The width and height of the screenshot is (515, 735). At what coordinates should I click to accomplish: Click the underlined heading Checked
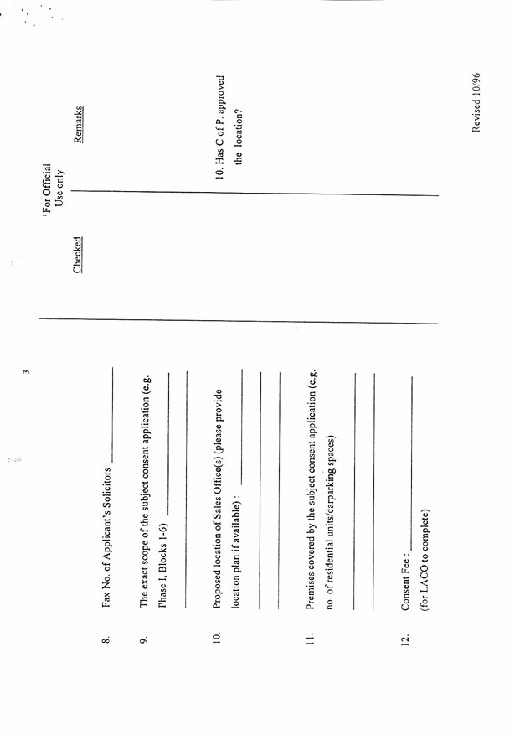pyautogui.click(x=77, y=255)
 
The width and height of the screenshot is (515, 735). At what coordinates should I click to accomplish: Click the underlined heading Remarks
pyautogui.click(x=78, y=125)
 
